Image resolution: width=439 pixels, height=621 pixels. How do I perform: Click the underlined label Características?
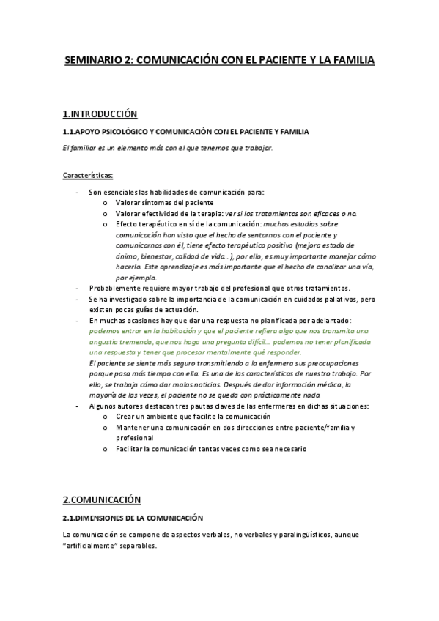point(88,176)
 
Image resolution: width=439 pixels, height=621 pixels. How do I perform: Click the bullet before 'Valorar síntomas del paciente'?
point(106,202)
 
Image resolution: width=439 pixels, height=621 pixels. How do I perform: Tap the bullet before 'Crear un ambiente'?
point(106,416)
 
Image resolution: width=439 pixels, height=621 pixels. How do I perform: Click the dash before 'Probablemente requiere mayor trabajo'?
point(78,288)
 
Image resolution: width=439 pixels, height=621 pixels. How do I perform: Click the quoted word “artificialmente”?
point(94,546)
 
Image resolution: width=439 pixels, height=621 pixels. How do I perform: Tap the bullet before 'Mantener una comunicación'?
point(106,427)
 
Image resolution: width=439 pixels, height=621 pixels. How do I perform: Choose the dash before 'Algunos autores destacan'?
point(78,406)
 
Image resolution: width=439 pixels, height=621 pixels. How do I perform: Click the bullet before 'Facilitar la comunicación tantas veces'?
point(106,448)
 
